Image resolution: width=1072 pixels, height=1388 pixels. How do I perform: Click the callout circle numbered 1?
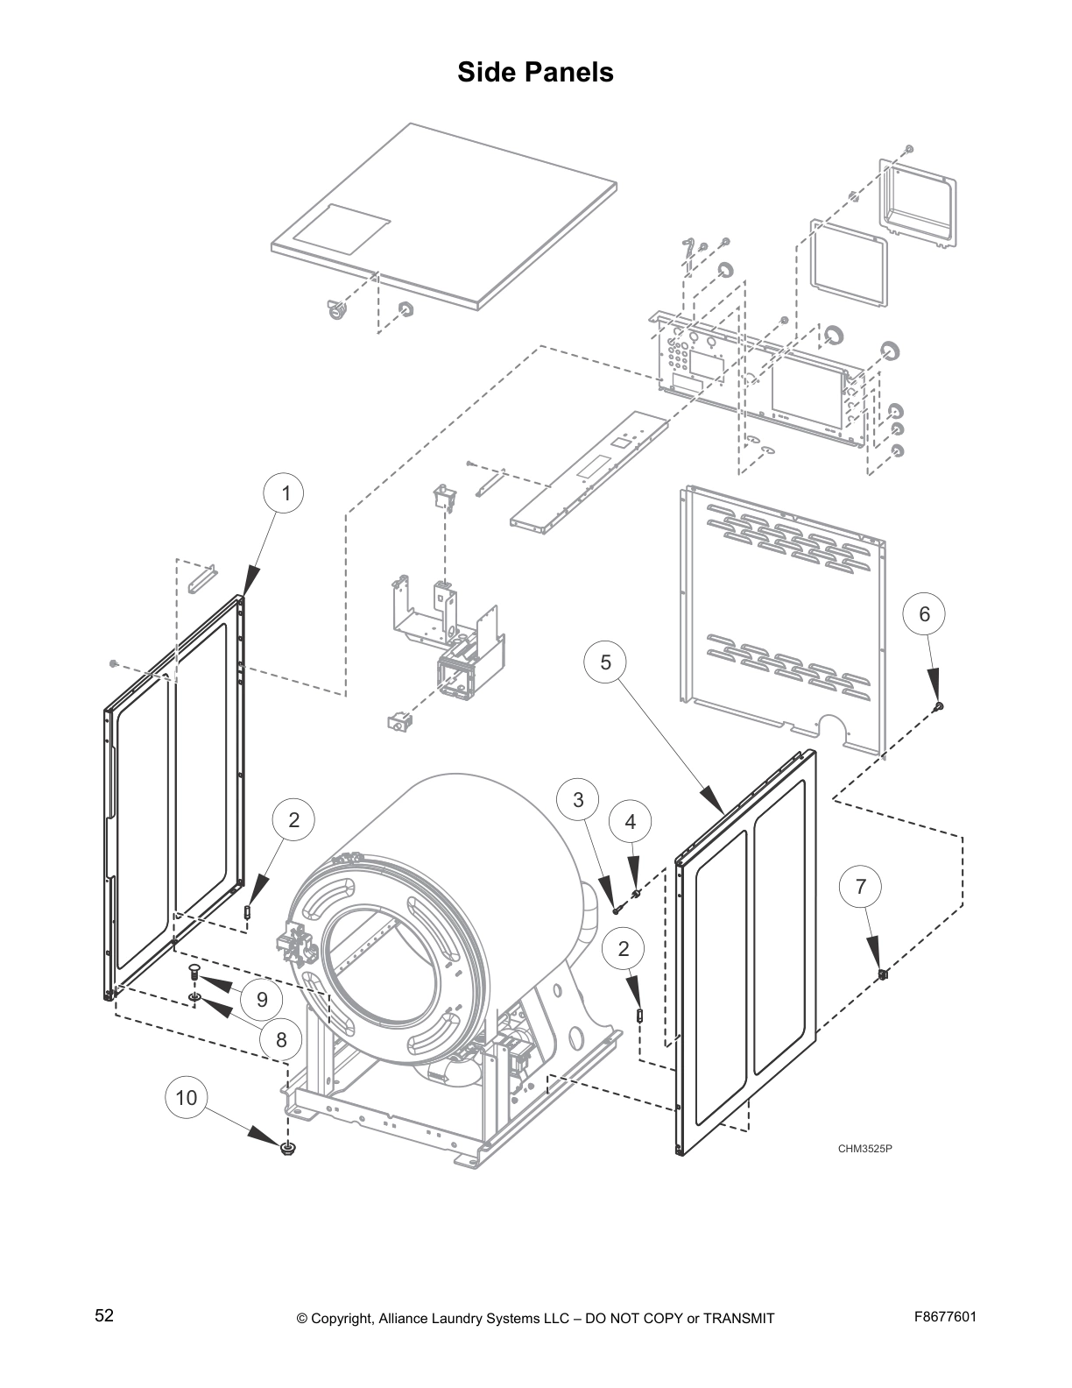click(286, 494)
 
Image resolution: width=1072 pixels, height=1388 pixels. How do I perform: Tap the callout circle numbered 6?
click(925, 614)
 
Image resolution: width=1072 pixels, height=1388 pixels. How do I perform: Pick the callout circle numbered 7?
click(861, 887)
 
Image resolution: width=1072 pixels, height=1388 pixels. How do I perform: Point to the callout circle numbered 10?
click(187, 1097)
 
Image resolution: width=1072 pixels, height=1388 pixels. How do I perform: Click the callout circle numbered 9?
click(262, 999)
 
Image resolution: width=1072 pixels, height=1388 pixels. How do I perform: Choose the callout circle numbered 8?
click(281, 1040)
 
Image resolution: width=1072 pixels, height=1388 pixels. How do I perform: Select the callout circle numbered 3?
click(578, 799)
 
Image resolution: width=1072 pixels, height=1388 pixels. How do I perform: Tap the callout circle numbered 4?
click(631, 822)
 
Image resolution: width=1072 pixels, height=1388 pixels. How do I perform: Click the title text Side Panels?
click(535, 72)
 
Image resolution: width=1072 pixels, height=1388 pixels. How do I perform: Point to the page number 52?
click(104, 1316)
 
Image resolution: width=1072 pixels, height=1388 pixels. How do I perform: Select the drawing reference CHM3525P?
click(864, 1149)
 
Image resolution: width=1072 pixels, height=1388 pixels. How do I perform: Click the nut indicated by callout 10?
click(287, 1148)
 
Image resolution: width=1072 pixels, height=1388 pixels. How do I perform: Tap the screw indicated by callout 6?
click(940, 705)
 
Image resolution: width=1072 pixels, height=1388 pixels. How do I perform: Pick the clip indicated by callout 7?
click(883, 974)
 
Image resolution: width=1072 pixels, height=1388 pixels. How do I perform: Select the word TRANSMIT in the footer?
click(737, 1318)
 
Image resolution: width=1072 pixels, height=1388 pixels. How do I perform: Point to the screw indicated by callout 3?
click(617, 911)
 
